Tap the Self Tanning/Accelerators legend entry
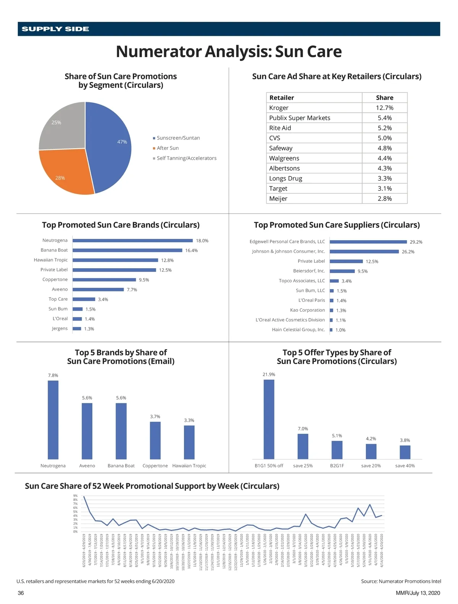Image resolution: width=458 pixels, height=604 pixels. [x=186, y=158]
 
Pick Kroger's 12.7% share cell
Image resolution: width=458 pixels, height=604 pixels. [x=384, y=108]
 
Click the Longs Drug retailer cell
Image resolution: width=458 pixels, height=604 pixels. [x=285, y=178]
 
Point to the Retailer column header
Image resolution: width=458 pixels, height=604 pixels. [x=282, y=98]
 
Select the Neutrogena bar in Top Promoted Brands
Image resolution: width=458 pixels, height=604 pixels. [x=132, y=241]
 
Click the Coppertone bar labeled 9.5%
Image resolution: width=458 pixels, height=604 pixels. [x=104, y=280]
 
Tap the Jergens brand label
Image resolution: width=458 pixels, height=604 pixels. [x=60, y=329]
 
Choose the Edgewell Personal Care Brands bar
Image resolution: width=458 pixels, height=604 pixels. [x=368, y=242]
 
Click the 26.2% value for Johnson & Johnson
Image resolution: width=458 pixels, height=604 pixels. [x=408, y=252]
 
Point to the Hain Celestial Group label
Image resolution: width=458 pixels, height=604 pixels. [x=298, y=330]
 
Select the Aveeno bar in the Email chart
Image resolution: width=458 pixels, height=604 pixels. [x=87, y=431]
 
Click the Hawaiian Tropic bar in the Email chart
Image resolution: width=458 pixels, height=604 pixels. [x=189, y=442]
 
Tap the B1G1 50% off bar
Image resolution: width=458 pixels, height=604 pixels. [x=269, y=419]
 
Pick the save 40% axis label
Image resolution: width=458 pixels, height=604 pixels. [x=405, y=466]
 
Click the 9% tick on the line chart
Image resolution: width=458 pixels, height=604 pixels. [x=75, y=496]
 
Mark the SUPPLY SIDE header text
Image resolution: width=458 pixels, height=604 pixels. [x=55, y=29]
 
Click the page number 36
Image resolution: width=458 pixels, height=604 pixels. [x=21, y=593]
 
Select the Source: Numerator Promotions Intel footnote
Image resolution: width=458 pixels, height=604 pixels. [x=401, y=581]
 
